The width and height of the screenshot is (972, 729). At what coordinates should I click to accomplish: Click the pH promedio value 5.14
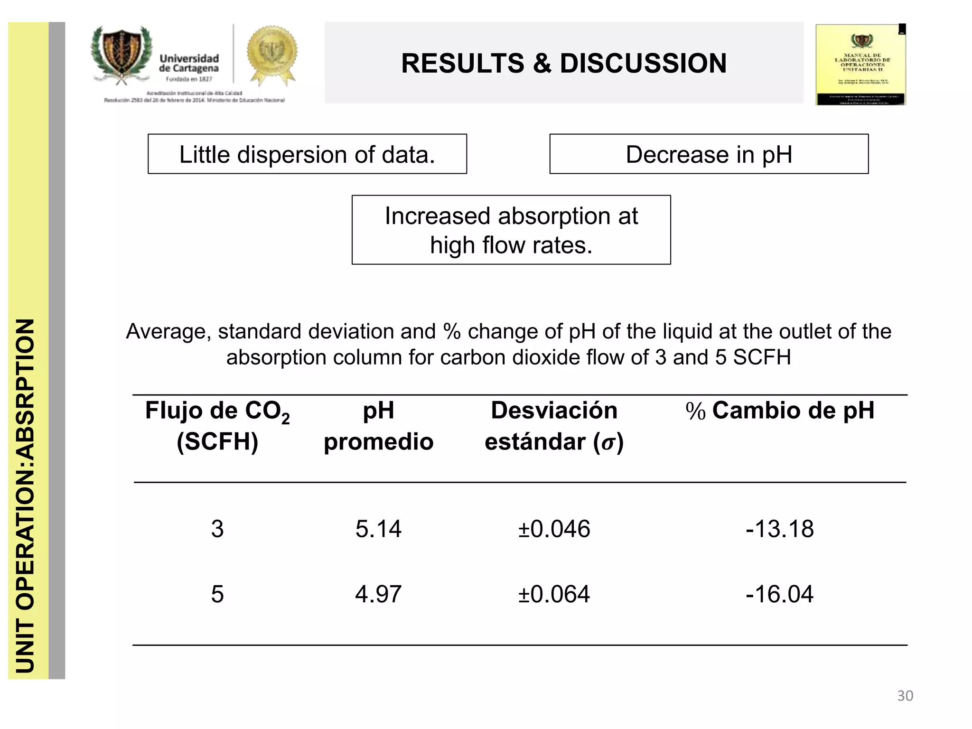tap(378, 529)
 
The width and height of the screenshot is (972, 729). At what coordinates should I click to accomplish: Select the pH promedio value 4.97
tap(378, 594)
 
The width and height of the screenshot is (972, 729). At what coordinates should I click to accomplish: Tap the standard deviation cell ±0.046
tap(554, 529)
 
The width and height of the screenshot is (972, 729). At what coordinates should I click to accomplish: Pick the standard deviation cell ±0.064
tap(554, 594)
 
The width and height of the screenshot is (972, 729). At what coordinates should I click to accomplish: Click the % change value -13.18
tap(779, 529)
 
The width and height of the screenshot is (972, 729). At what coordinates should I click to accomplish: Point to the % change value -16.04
tap(779, 594)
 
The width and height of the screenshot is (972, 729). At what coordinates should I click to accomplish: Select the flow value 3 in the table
tap(217, 529)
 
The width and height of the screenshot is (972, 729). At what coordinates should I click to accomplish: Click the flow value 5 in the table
tap(217, 594)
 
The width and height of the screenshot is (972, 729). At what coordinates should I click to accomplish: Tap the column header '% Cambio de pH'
tap(779, 411)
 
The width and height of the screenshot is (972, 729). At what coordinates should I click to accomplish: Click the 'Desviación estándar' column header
tap(554, 426)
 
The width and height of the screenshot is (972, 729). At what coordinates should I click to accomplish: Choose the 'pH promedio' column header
tap(378, 426)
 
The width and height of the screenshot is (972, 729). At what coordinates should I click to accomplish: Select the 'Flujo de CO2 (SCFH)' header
tap(217, 426)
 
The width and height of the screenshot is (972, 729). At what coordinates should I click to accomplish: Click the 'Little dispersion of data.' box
tap(307, 154)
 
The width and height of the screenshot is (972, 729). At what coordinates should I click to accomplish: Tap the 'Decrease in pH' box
tap(709, 154)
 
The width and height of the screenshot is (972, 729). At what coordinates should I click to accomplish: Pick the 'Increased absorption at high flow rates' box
tap(511, 230)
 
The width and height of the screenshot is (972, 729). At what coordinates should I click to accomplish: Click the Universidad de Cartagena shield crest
tap(121, 52)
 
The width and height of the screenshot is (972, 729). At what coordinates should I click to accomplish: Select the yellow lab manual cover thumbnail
tap(860, 65)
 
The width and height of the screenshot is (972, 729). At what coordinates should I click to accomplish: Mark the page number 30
tap(905, 696)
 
